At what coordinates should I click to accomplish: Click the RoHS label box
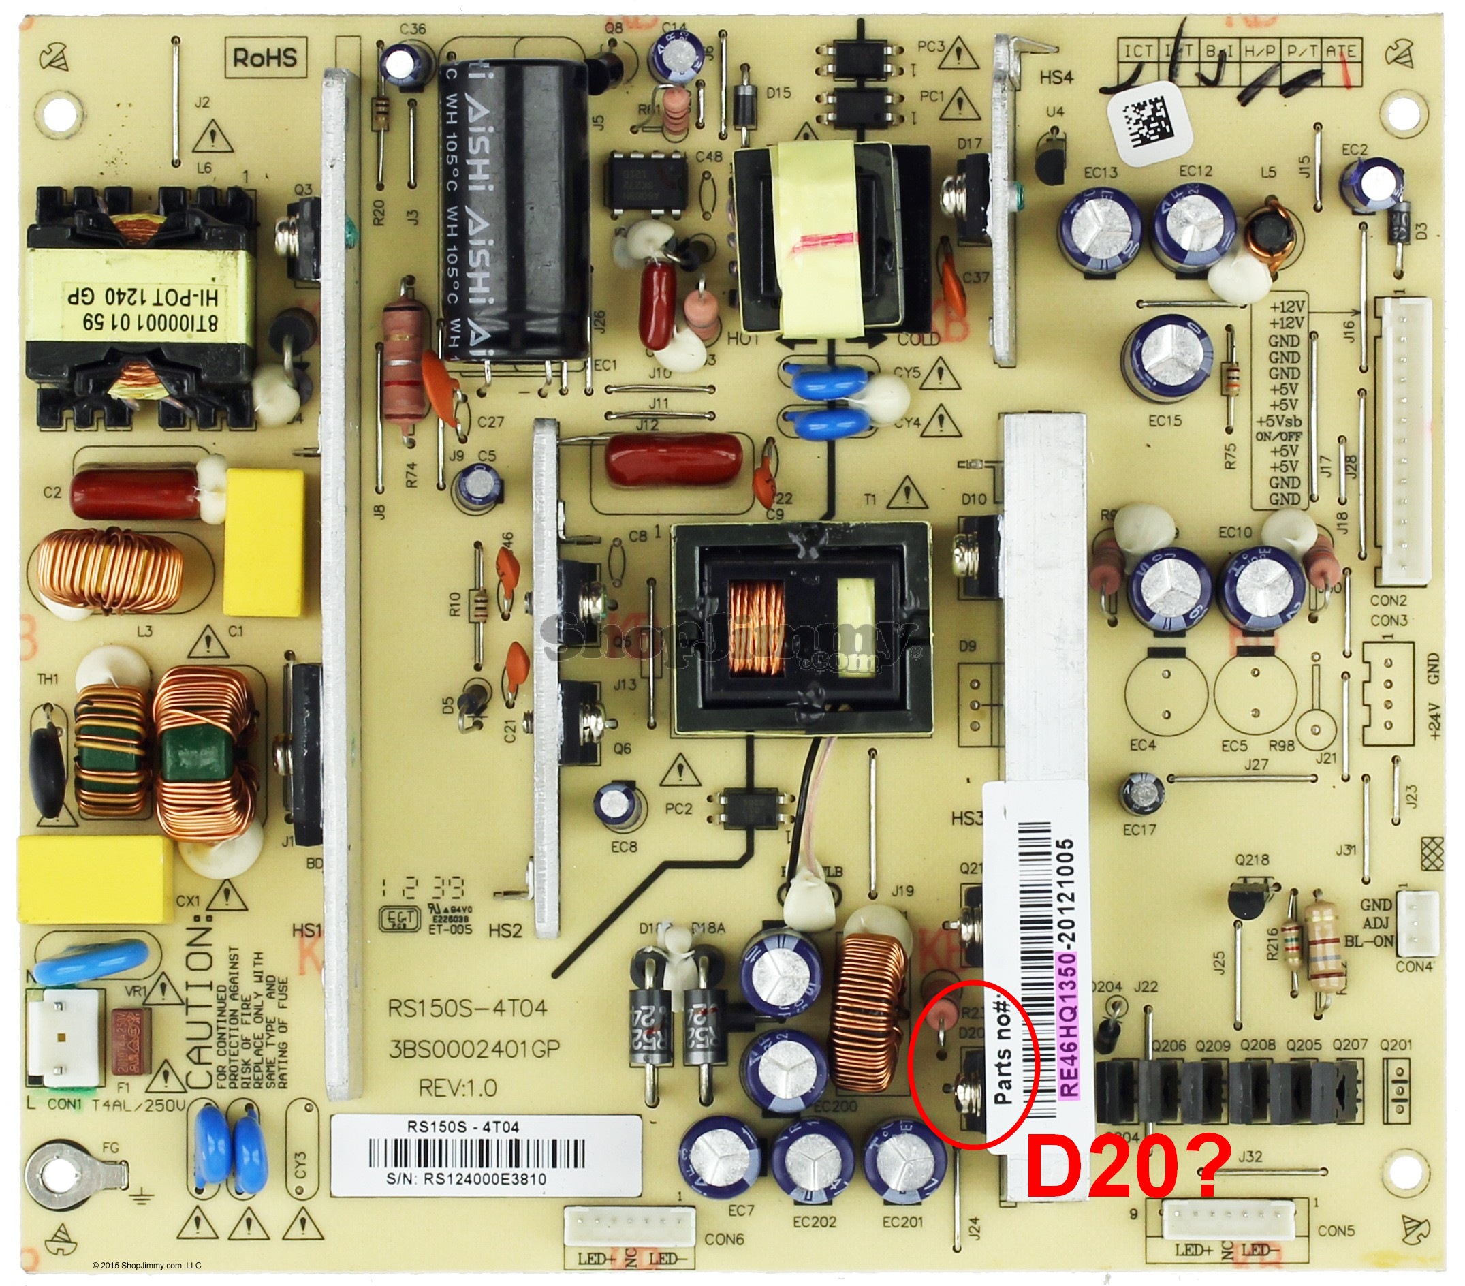[264, 57]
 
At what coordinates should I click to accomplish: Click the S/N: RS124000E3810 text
[475, 1179]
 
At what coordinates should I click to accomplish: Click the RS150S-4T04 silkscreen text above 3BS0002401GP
[467, 1009]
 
